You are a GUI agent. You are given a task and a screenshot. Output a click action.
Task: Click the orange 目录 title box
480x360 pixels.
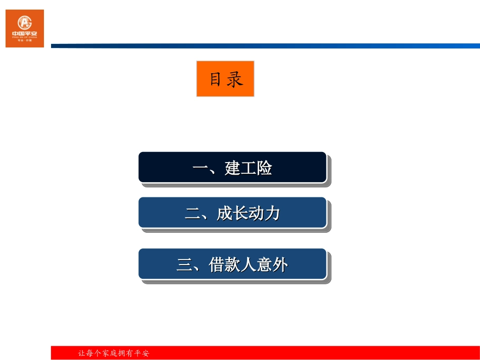225,79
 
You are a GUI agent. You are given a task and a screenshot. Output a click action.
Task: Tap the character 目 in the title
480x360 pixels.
216,79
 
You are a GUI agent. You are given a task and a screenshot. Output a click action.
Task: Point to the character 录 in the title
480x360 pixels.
235,79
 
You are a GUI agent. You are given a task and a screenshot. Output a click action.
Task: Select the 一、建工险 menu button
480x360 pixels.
232,167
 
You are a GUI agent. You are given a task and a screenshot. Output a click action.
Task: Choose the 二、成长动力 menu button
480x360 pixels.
232,213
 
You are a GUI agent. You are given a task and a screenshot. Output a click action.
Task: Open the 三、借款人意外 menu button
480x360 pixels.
232,264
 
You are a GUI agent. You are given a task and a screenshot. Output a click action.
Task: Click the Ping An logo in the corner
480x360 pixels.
25,28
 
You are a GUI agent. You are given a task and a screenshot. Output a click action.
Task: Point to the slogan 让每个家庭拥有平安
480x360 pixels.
114,353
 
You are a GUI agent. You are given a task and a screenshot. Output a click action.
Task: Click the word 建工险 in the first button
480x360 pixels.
248,168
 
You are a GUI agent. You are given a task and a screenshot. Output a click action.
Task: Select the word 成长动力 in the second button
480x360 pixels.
248,213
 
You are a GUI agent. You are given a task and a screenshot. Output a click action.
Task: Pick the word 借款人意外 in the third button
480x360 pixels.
248,264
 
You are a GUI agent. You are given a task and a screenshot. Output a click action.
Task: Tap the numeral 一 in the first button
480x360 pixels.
201,168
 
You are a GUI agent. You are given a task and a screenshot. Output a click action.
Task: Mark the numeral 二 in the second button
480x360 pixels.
193,214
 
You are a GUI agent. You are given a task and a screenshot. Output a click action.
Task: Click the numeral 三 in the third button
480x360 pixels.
184,265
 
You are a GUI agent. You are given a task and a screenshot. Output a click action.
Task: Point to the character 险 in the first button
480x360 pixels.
264,168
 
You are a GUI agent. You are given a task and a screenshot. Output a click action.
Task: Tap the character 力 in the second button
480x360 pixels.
272,213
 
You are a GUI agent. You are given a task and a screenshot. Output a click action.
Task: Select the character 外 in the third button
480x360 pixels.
280,264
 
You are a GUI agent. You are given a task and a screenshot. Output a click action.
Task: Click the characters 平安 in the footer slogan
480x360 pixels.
142,353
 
